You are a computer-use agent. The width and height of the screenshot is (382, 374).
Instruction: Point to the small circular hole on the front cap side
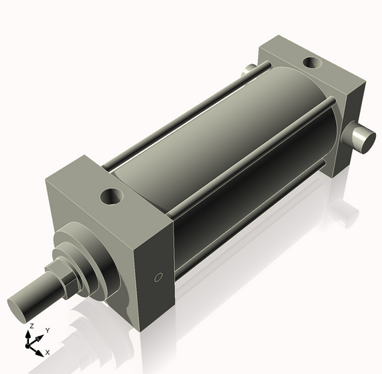(x=158, y=276)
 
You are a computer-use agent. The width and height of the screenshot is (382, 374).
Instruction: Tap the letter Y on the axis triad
(x=47, y=330)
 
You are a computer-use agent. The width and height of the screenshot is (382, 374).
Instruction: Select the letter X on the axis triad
(x=47, y=352)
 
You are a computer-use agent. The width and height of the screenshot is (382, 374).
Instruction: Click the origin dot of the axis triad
(x=31, y=345)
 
